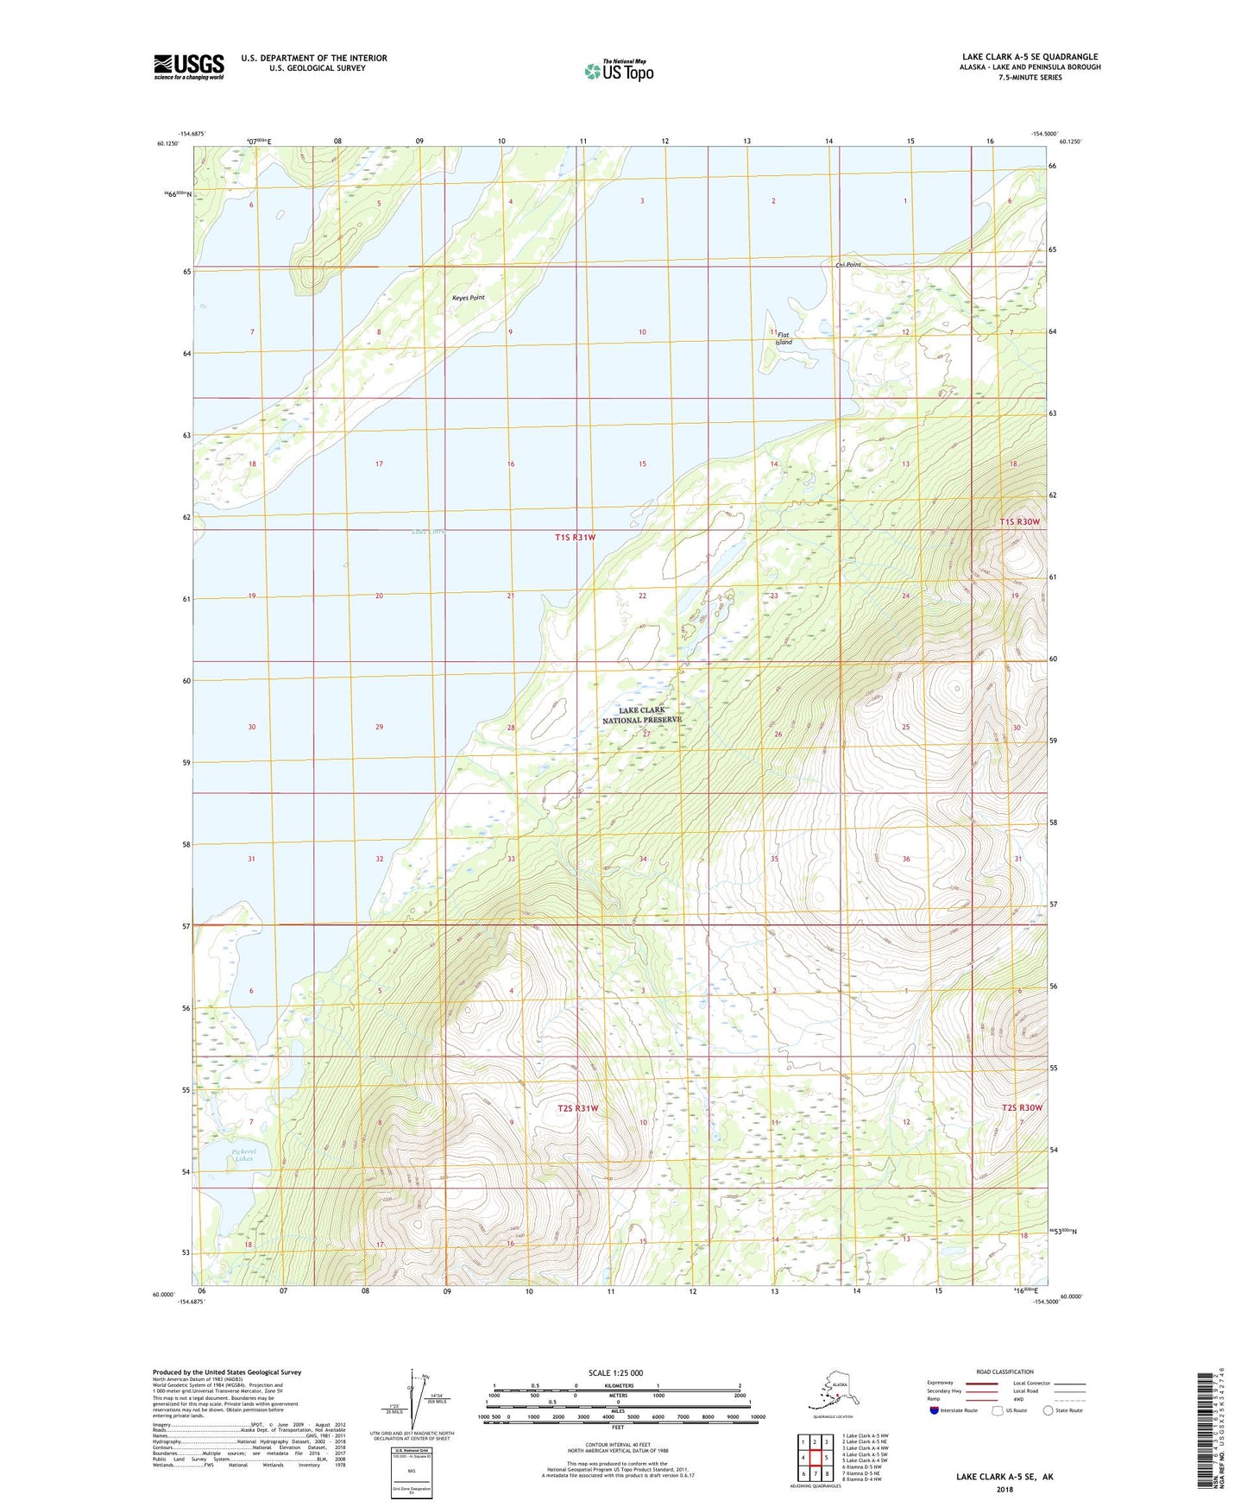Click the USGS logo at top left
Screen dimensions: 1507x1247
tap(188, 66)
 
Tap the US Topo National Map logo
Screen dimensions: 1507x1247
tap(618, 71)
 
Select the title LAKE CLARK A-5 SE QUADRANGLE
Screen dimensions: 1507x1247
tap(1030, 57)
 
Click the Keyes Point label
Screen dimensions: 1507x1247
tap(468, 298)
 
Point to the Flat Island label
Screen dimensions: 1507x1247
tap(783, 338)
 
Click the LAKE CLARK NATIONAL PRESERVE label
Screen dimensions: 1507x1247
tap(641, 715)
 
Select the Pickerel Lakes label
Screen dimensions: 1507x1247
tap(243, 1155)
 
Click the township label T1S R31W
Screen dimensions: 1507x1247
tap(575, 537)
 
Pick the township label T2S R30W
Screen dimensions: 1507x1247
tap(1022, 1107)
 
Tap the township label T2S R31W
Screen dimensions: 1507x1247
tap(577, 1108)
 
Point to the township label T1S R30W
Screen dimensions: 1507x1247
tap(1020, 522)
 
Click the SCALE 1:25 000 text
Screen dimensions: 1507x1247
tap(616, 1373)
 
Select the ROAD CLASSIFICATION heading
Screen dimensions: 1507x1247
tap(1005, 1371)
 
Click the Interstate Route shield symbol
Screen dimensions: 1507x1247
tap(935, 1410)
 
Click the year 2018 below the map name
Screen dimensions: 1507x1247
tap(1005, 1489)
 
